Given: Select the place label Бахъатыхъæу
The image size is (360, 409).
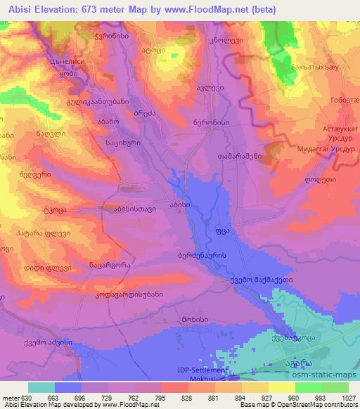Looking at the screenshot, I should click(330, 65).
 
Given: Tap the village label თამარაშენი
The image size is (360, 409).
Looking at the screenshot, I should click(240, 156).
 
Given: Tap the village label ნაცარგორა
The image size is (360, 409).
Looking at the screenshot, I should click(91, 265).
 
